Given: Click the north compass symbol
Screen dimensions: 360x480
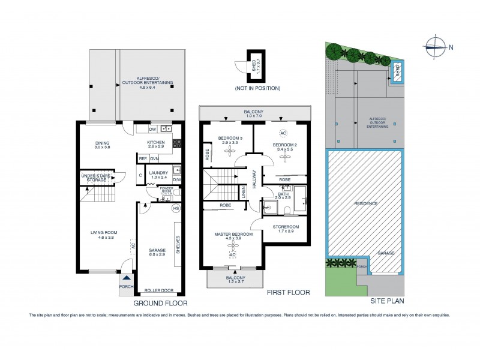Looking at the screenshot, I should coord(436,43).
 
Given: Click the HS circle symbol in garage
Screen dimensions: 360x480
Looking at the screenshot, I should coord(176,208).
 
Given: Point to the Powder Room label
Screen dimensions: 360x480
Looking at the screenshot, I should coord(166,193).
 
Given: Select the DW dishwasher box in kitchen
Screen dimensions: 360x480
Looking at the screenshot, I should coord(153,128).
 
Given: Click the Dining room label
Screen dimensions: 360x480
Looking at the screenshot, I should coord(103,145).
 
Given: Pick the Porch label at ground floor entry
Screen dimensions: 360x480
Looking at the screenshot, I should coord(126,287).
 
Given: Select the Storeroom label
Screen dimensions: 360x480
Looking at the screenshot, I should coord(285,229).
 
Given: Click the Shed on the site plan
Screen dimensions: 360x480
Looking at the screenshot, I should coord(397,72).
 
